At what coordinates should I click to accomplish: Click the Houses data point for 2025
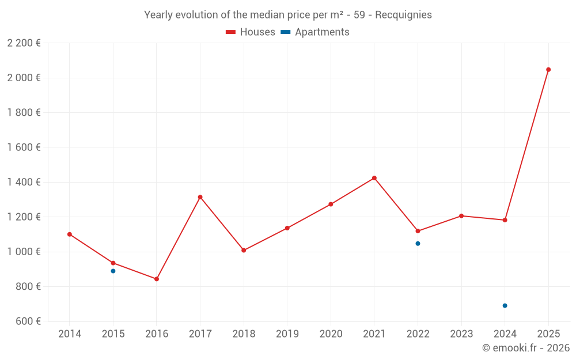click(548, 70)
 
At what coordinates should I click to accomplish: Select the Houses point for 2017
click(200, 197)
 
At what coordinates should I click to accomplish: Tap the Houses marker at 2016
click(157, 279)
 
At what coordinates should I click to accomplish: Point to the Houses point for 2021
click(374, 178)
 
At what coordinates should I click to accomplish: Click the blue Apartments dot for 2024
click(505, 306)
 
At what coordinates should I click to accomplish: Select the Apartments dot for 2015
click(113, 271)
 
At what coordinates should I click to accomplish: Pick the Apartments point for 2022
click(418, 244)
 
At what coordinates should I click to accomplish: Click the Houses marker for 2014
click(70, 234)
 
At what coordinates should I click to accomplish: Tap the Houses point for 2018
click(244, 251)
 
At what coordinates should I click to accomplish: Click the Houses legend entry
click(251, 32)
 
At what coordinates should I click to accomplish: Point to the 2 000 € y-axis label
click(24, 78)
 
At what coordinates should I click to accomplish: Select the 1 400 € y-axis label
click(24, 182)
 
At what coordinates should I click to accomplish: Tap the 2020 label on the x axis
click(331, 334)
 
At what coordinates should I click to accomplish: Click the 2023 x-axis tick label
click(461, 334)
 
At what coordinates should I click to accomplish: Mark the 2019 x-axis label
click(287, 334)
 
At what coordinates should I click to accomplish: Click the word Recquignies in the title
click(403, 15)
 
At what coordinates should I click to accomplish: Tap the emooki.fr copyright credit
click(526, 348)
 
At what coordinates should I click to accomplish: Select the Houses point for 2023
click(461, 216)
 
